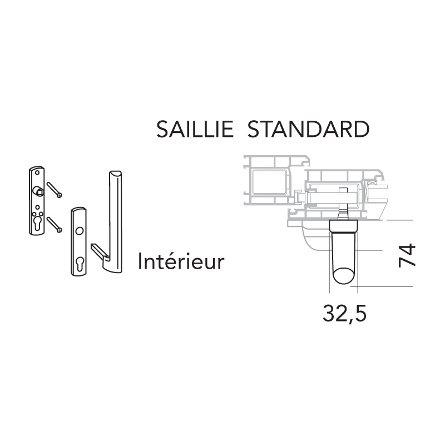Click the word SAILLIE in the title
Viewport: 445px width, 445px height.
[x=195, y=130]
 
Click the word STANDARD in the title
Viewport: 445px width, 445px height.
[x=309, y=130]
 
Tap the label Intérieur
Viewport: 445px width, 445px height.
[x=181, y=261]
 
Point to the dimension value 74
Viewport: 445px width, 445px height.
[x=407, y=255]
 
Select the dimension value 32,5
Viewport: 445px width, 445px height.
[x=344, y=314]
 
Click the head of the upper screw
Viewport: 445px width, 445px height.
[x=60, y=195]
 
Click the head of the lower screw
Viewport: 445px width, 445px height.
[x=59, y=230]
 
